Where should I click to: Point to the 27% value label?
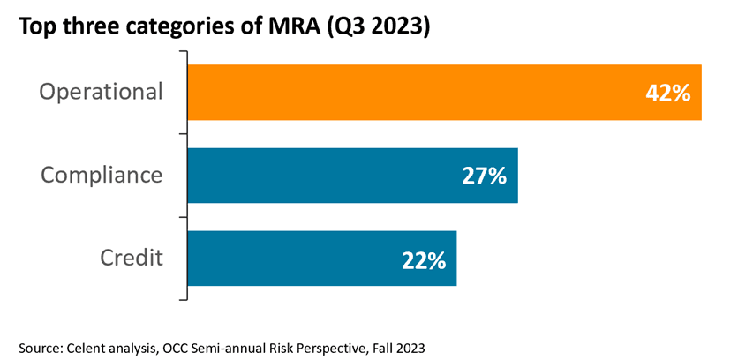484,176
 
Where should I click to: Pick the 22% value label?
423,259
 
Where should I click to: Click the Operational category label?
102,92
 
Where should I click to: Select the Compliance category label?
102,175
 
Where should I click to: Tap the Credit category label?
132,258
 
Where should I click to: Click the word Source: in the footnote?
40,348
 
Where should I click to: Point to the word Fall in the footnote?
389,348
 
